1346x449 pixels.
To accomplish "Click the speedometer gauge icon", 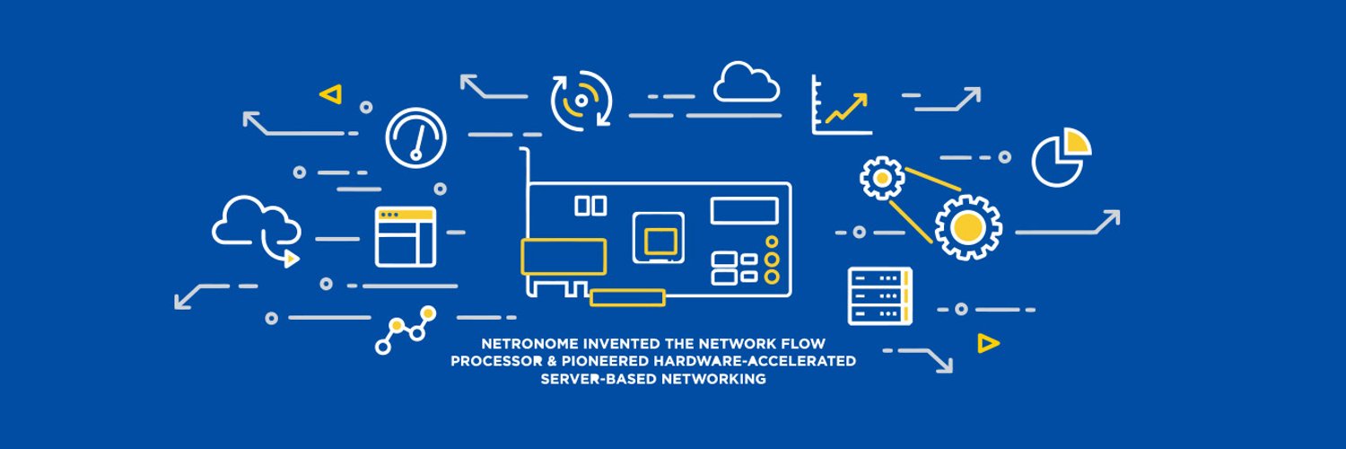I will pyautogui.click(x=415, y=138).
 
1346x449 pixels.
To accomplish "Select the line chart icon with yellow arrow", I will pyautogui.click(x=841, y=106).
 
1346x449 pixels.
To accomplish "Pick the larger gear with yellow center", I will pyautogui.click(x=968, y=227).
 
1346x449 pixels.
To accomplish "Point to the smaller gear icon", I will pyautogui.click(x=882, y=178).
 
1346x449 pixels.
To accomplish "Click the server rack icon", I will pyautogui.click(x=879, y=295).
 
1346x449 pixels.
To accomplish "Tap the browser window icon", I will pyautogui.click(x=406, y=237).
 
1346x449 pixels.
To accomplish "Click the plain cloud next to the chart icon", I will pyautogui.click(x=747, y=83).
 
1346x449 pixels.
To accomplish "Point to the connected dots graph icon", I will pyautogui.click(x=405, y=330).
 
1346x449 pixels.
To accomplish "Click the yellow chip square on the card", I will pyautogui.click(x=660, y=241).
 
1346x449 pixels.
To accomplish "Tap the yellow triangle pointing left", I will pyautogui.click(x=331, y=92).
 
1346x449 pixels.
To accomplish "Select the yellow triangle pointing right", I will pyautogui.click(x=988, y=342).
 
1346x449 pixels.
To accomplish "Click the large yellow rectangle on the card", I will pyautogui.click(x=564, y=257).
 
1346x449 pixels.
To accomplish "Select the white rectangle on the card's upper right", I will pyautogui.click(x=744, y=211).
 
